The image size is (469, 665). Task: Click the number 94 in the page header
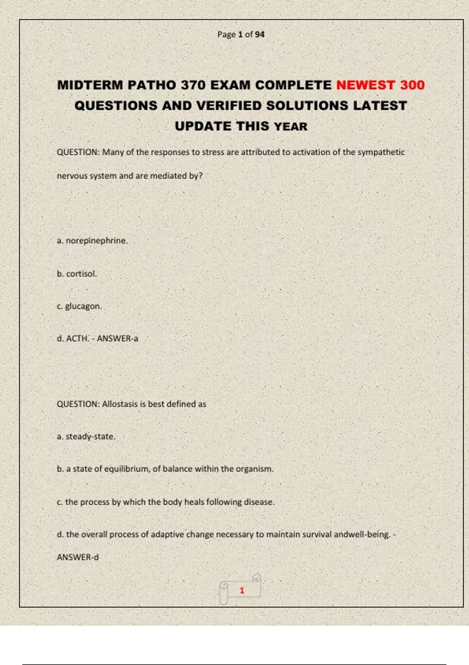[260, 34]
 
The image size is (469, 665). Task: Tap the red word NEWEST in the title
[365, 85]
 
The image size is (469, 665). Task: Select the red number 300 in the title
[412, 85]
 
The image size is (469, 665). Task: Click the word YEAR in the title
[290, 126]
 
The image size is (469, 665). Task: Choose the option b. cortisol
[77, 274]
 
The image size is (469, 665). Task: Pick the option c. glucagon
[79, 306]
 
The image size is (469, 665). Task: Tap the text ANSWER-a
[117, 338]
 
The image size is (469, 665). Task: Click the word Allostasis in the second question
[120, 404]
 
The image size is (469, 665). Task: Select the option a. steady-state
[86, 437]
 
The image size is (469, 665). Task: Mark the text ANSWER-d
[78, 557]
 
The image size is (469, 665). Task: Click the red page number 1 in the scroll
[242, 590]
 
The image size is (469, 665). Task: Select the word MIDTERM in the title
[90, 85]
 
